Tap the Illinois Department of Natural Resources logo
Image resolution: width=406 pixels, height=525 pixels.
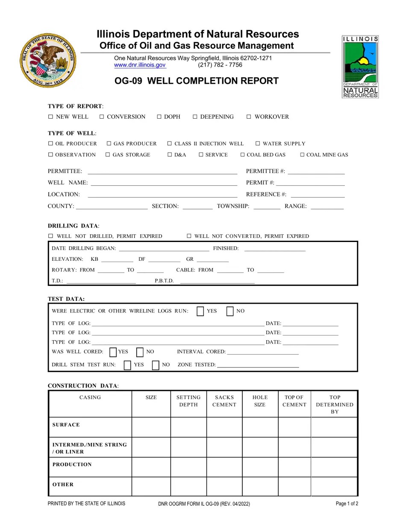(x=360, y=67)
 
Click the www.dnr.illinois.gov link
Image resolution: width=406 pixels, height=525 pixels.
(x=140, y=65)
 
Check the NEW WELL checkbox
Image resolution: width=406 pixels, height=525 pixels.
(x=50, y=117)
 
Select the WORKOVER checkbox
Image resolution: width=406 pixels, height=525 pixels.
(x=249, y=117)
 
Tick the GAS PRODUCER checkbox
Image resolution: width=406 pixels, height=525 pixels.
(x=109, y=143)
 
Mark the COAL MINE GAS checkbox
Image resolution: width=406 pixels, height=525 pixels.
(x=303, y=155)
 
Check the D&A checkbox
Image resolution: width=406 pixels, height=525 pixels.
(x=170, y=155)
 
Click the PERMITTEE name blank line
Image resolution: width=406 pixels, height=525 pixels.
(x=162, y=172)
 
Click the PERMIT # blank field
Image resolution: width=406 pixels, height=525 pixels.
(x=310, y=183)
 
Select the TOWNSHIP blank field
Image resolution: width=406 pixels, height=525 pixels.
(x=267, y=207)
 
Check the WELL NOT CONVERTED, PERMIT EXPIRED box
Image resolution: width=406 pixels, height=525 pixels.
(x=189, y=236)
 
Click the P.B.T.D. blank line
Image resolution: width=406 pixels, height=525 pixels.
(x=217, y=281)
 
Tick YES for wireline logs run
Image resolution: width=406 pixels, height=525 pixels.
(x=200, y=311)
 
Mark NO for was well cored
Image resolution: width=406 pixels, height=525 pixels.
(x=140, y=352)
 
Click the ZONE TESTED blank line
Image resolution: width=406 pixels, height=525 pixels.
(x=258, y=365)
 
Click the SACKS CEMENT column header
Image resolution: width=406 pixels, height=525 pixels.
(x=224, y=401)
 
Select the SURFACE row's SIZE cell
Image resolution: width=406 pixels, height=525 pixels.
(x=151, y=426)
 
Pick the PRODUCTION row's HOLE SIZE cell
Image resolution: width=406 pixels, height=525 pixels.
(x=260, y=467)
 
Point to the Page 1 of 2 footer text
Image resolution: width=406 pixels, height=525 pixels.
(x=347, y=504)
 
